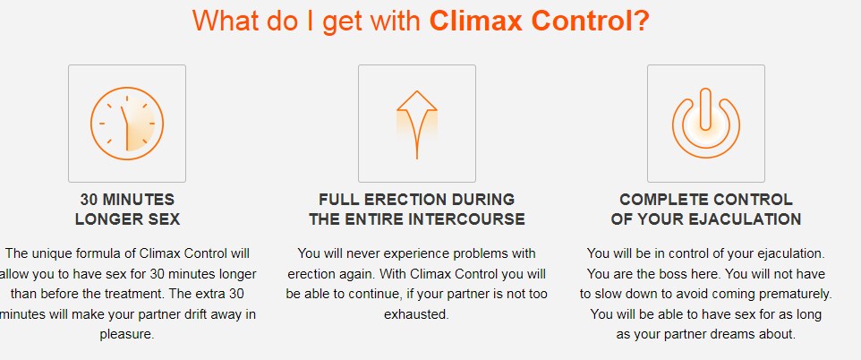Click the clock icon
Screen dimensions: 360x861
[126, 123]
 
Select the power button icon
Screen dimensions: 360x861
[705, 123]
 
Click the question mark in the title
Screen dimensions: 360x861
[641, 20]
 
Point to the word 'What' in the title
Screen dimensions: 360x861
[224, 20]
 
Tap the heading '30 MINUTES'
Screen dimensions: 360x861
[127, 199]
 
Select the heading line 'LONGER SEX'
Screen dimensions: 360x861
[127, 219]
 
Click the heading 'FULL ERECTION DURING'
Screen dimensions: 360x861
[416, 199]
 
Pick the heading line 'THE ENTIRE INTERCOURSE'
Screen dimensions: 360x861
[416, 219]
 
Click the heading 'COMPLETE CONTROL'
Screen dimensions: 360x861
[705, 199]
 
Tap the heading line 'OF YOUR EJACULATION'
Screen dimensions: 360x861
[705, 219]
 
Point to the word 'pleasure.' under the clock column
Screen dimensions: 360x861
[127, 335]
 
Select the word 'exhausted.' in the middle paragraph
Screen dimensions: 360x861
[416, 314]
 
